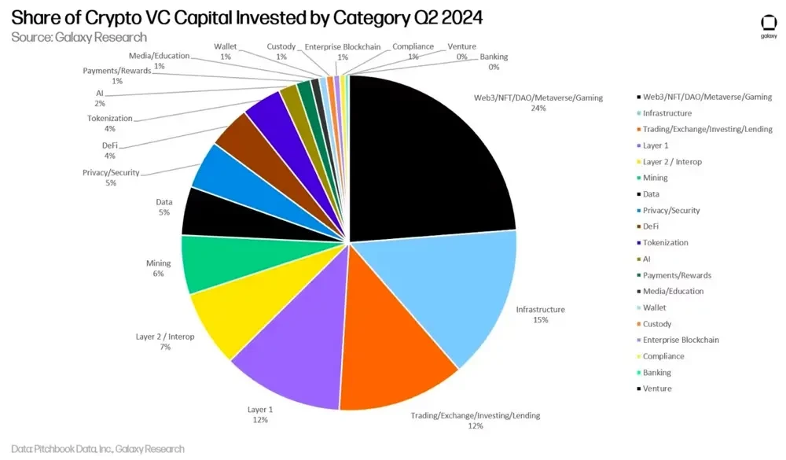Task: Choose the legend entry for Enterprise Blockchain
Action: click(x=681, y=340)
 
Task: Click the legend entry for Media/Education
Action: click(x=673, y=291)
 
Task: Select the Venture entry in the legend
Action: click(x=658, y=388)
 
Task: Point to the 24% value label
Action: click(x=538, y=108)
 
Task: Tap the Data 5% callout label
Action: click(x=163, y=208)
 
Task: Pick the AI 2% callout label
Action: click(x=99, y=98)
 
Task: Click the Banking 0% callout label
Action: click(x=494, y=62)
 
